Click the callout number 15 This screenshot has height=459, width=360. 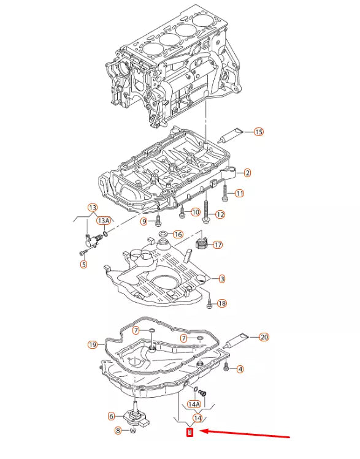click(x=258, y=132)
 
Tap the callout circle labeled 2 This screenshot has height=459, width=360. click(x=247, y=173)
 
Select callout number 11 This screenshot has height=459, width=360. click(x=239, y=193)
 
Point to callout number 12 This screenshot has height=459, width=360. click(x=220, y=214)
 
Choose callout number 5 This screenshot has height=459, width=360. click(x=84, y=265)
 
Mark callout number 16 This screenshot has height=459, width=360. click(x=178, y=234)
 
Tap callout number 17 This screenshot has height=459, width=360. click(x=218, y=245)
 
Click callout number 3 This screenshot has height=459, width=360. click(x=221, y=279)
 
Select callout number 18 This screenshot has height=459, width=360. click(x=222, y=303)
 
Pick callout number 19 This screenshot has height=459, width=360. click(x=93, y=344)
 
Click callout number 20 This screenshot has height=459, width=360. click(x=264, y=336)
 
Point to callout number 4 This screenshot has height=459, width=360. click(x=240, y=369)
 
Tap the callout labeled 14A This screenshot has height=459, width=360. click(x=194, y=404)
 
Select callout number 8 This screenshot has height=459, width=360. click(x=118, y=431)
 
